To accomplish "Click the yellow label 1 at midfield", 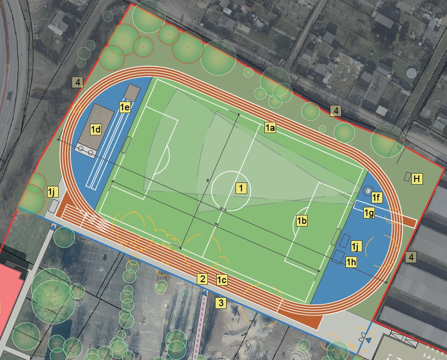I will pyautogui.click(x=241, y=188).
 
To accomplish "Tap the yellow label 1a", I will pyautogui.click(x=270, y=128).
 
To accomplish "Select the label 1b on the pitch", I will pyautogui.click(x=302, y=220).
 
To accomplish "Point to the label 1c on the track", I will pyautogui.click(x=222, y=280).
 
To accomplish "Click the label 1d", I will pyautogui.click(x=96, y=129).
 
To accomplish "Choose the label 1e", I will pyautogui.click(x=124, y=106).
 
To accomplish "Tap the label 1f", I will pyautogui.click(x=377, y=197).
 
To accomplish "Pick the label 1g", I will pyautogui.click(x=369, y=213).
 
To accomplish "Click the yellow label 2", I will pyautogui.click(x=203, y=279).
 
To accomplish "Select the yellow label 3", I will pyautogui.click(x=221, y=303).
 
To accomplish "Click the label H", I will pyautogui.click(x=417, y=179).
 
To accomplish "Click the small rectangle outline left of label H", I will pyautogui.click(x=407, y=176).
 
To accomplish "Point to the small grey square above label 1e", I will pyautogui.click(x=132, y=93).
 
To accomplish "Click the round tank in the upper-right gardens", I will pyautogui.click(x=412, y=72).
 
